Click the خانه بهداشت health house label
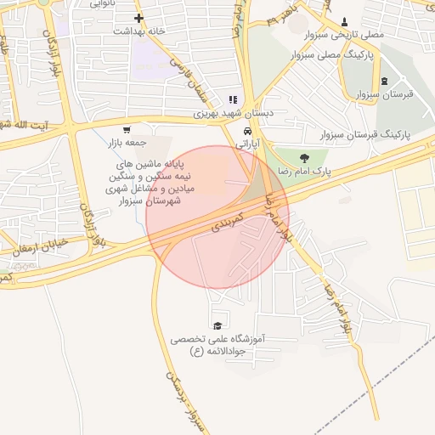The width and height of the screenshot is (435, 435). click(138, 31)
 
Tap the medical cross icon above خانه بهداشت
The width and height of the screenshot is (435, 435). click(138, 18)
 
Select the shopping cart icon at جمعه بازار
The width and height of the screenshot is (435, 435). click(127, 130)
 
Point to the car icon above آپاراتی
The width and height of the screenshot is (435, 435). click(246, 132)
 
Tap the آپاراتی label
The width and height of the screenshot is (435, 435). click(246, 144)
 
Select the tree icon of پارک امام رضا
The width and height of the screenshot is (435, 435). click(304, 157)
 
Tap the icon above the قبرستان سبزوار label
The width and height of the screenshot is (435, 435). click(384, 82)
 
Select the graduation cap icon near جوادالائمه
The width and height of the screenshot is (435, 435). click(217, 325)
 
